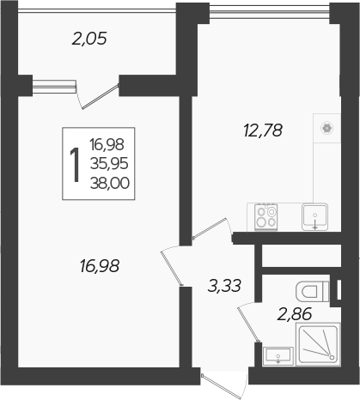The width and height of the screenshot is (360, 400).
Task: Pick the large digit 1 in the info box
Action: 76,164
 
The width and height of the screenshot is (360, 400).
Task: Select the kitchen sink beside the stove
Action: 315,216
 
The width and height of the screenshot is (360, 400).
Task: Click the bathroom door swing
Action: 249,322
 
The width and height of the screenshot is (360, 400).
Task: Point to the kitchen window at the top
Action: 269,10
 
